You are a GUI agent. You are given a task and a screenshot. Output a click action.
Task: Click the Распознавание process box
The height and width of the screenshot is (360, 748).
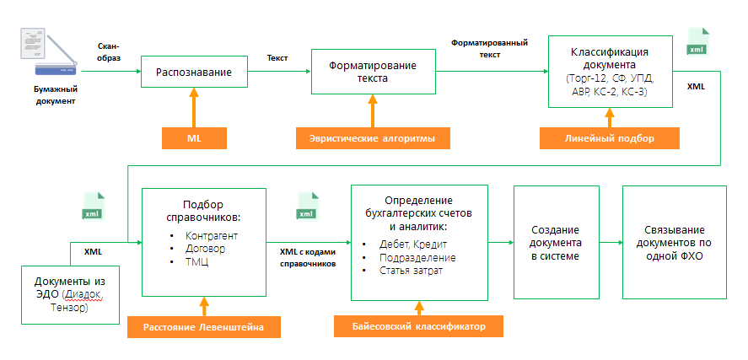click(x=193, y=73)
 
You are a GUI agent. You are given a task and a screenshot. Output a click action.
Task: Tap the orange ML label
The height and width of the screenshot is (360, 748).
click(x=194, y=137)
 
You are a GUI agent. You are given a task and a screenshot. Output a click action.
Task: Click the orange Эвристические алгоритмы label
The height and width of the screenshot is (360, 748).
click(x=372, y=137)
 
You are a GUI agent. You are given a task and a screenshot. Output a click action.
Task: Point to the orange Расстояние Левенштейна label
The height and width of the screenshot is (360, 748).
click(x=203, y=326)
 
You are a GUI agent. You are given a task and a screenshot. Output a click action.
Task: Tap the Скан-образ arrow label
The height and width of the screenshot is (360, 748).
click(x=110, y=51)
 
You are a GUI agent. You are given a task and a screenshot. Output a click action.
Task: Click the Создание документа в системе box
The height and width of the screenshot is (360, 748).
click(x=555, y=243)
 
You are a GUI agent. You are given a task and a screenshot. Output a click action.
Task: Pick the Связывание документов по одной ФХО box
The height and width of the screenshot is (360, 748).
click(x=672, y=243)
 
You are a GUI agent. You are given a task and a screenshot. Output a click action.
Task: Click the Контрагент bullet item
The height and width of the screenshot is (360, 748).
click(x=211, y=235)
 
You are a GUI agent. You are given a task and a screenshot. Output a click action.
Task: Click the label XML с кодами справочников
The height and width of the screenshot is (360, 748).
click(x=307, y=257)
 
